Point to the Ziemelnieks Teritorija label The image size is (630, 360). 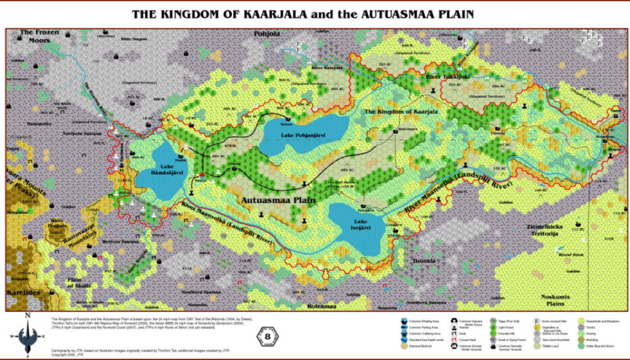pos(540,230)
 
